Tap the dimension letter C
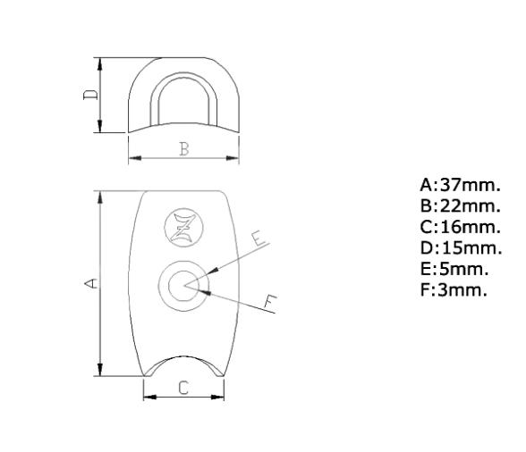pos(183,388)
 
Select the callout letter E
pos(257,239)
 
